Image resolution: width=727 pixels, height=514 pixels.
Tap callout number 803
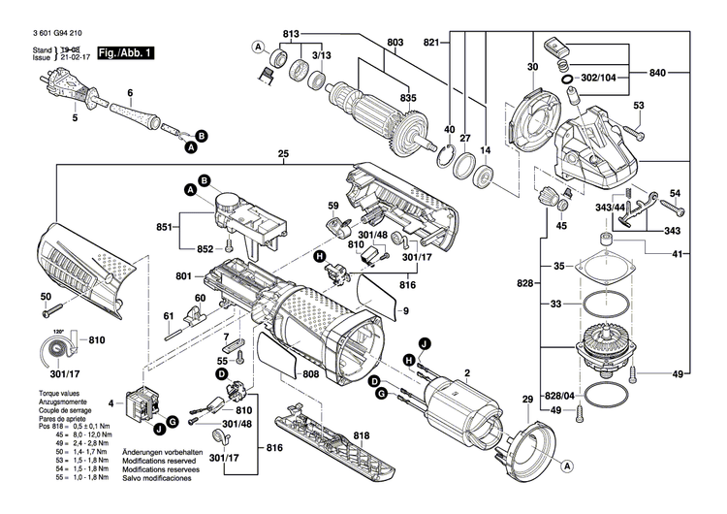point(395,43)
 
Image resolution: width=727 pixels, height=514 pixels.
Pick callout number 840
point(658,74)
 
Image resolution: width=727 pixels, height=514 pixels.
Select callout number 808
point(310,372)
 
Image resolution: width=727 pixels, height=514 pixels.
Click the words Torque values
point(48,393)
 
